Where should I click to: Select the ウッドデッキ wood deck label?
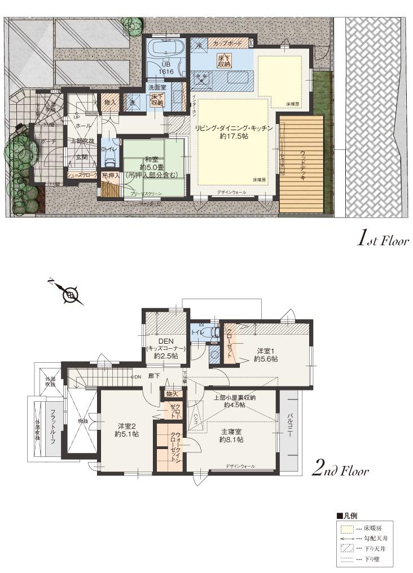point(303,165)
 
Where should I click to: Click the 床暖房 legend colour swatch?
point(347,529)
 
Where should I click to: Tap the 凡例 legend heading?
point(350,516)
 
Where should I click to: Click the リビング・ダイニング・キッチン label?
point(234,128)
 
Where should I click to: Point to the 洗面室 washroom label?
point(156,87)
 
